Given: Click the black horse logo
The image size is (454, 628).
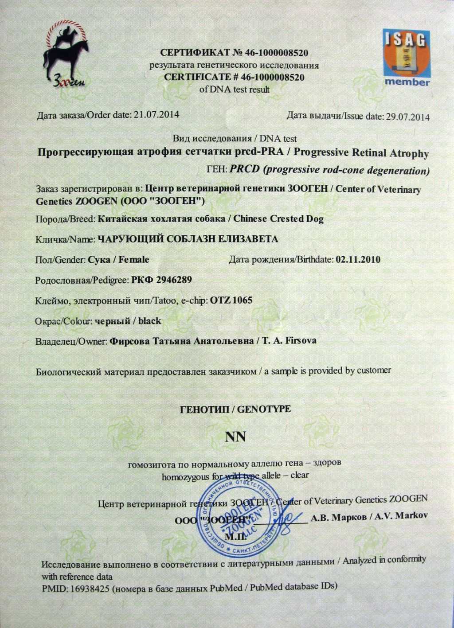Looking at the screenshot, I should (x=65, y=55).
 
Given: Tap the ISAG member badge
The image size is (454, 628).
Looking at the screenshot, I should (x=406, y=57).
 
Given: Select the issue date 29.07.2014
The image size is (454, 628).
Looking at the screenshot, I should (x=408, y=117).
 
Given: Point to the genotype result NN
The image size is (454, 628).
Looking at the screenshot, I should (x=235, y=437).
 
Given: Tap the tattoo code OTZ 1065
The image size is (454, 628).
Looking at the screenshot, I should (x=231, y=300).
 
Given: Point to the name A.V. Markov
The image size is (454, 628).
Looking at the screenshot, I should (x=401, y=516).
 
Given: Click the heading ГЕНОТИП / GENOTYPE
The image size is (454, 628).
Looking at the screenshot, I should (x=235, y=409).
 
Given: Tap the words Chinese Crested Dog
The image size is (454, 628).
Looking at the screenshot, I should (x=278, y=218).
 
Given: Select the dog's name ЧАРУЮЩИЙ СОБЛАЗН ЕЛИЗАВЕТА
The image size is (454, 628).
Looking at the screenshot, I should (x=188, y=239).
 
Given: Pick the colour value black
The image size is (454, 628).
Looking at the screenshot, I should (x=149, y=321).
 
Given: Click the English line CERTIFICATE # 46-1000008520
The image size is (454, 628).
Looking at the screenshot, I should (x=234, y=77).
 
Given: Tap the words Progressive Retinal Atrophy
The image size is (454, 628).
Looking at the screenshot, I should (x=361, y=153).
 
